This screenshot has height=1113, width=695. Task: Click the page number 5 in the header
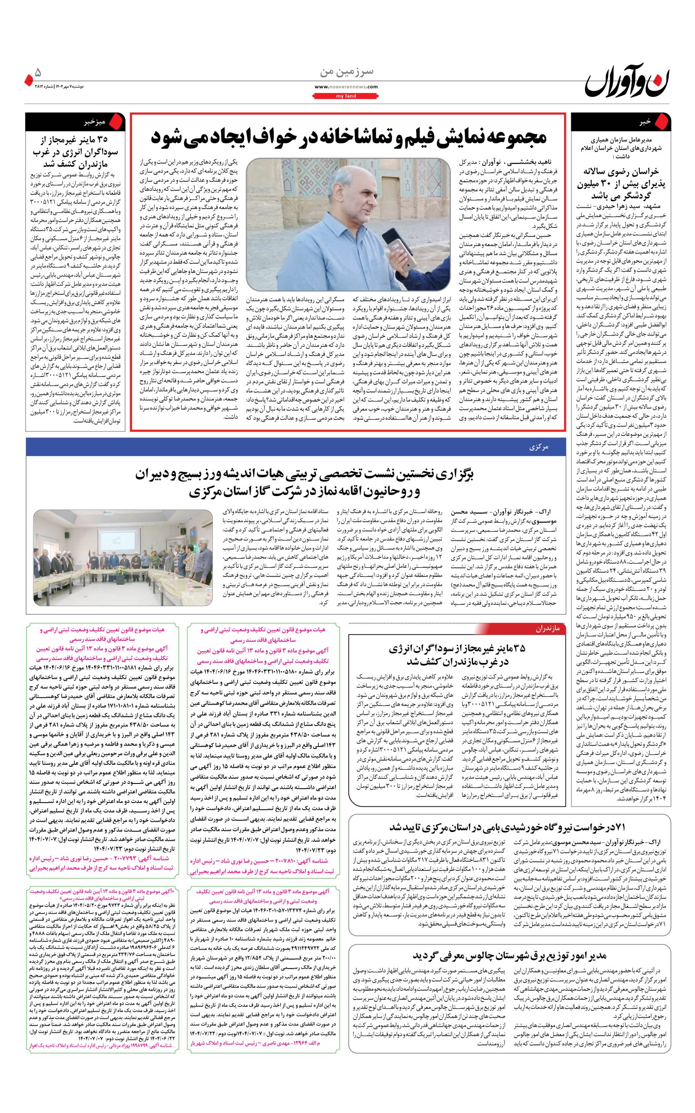coord(38,72)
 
